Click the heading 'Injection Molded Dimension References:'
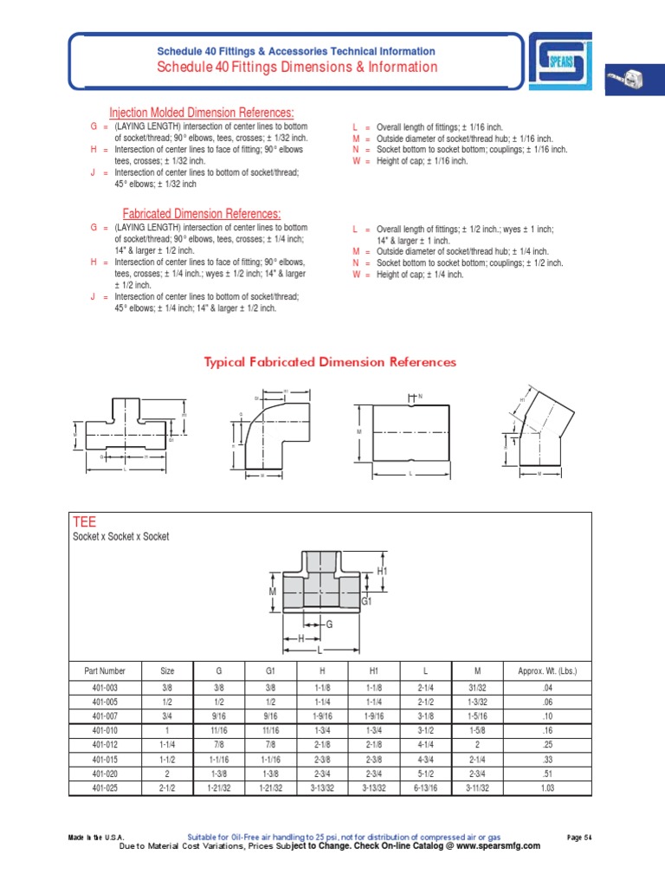point(201,113)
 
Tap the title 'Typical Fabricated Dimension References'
point(330,362)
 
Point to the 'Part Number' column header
point(105,670)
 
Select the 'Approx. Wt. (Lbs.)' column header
point(547,670)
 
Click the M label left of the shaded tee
point(272,591)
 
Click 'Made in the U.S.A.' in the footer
point(96,837)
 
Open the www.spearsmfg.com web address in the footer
point(492,846)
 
